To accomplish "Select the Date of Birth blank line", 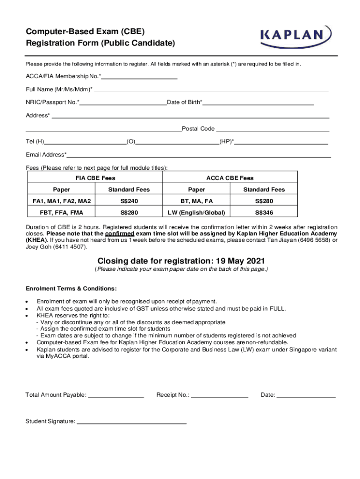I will [x=258, y=103].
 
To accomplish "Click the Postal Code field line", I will [x=273, y=130].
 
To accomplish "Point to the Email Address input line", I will [x=199, y=156].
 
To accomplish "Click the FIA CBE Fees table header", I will [x=95, y=178].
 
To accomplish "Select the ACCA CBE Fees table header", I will [x=230, y=178].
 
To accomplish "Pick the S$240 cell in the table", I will [x=129, y=201].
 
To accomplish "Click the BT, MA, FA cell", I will [x=196, y=201].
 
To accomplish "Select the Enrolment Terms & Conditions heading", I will [x=71, y=288].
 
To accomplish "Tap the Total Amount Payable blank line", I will [x=116, y=397].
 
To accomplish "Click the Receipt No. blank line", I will [x=220, y=397].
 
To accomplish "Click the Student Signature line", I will [x=131, y=423].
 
